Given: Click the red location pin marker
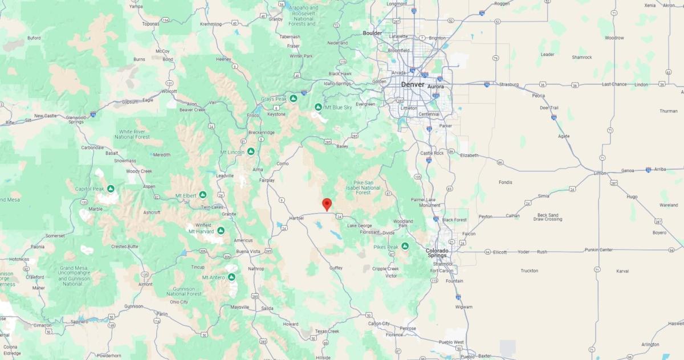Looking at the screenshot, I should [x=327, y=204].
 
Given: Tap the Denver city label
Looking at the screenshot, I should [x=413, y=84].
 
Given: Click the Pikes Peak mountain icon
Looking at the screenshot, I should [x=405, y=246].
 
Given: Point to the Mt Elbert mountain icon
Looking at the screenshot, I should [x=202, y=195].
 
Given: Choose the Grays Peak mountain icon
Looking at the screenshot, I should [x=293, y=99].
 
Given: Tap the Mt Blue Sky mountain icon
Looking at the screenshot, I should [x=318, y=107].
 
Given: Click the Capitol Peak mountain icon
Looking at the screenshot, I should [x=111, y=189].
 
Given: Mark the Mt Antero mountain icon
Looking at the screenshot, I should [x=232, y=277].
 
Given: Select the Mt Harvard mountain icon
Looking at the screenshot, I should [x=221, y=231].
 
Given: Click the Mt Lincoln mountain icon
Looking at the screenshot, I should [x=250, y=152].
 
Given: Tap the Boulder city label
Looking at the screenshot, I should [x=372, y=33].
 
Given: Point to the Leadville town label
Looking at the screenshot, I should [x=225, y=176].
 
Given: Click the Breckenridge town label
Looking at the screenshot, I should [x=262, y=133].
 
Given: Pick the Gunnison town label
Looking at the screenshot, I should [x=134, y=306].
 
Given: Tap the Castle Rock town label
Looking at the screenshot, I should [x=431, y=153].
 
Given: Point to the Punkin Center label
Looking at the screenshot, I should [x=599, y=249].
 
